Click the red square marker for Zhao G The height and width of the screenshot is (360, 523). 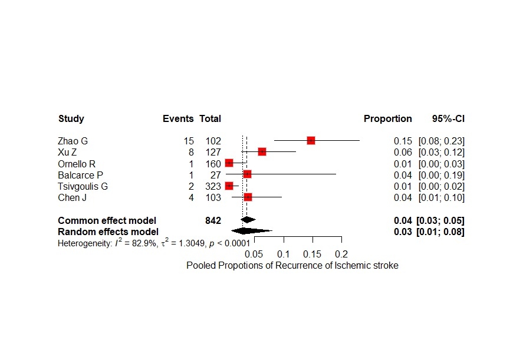[x=311, y=140]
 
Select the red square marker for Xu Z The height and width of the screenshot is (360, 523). [x=262, y=152]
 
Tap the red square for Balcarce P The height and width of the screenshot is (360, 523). [x=247, y=174]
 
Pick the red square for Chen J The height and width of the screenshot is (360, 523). [x=248, y=197]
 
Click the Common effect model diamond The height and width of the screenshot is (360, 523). [x=248, y=220]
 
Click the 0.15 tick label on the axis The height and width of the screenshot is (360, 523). [x=312, y=254]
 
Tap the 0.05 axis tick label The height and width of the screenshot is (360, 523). [x=254, y=254]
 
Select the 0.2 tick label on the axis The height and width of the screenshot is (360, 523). [x=341, y=254]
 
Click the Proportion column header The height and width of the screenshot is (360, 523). [x=387, y=119]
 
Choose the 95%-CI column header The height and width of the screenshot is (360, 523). [x=448, y=119]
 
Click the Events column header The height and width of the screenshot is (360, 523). [x=178, y=119]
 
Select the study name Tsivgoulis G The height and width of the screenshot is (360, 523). [x=83, y=186]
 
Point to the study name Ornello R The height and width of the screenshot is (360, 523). [x=77, y=164]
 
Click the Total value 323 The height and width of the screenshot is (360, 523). [x=213, y=186]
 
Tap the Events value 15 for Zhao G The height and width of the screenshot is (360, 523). [x=189, y=141]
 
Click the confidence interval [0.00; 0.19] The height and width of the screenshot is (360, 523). [x=442, y=175]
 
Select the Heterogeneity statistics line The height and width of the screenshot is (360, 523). [x=153, y=243]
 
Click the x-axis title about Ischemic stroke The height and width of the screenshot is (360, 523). [x=292, y=266]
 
